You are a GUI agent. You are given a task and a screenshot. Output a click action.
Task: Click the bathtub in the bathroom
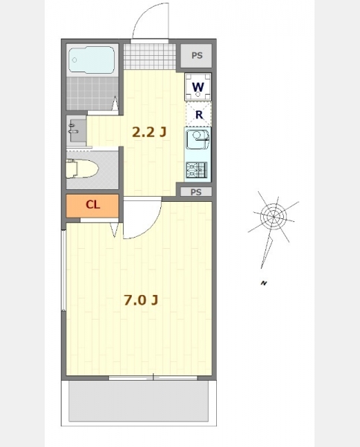click(92, 60)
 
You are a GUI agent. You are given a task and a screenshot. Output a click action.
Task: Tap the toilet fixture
click(82, 168)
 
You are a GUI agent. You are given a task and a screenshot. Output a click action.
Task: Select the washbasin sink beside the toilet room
click(78, 130)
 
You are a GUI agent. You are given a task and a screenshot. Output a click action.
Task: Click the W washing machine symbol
click(198, 86)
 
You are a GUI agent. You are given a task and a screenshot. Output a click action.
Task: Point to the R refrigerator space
click(198, 114)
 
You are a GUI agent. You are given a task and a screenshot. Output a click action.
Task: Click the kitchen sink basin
click(198, 139)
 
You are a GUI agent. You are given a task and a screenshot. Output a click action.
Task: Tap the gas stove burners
click(197, 170)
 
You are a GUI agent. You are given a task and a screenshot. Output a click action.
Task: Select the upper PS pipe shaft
click(197, 56)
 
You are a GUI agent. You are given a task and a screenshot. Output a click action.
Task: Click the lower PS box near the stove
click(196, 192)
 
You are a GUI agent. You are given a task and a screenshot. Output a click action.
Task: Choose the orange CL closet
click(92, 206)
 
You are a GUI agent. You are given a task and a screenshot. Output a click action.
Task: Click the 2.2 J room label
click(149, 132)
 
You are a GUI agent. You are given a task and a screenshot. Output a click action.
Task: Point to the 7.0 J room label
click(141, 300)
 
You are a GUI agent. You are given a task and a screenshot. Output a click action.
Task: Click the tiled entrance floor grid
click(150, 57)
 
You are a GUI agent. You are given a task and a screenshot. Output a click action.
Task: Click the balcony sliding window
click(153, 378)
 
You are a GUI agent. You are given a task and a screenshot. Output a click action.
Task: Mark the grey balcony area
click(139, 401)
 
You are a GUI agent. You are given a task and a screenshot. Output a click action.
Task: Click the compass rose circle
click(274, 217)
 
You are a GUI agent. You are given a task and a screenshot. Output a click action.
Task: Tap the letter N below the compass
click(264, 283)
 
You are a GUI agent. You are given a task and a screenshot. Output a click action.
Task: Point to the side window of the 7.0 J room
click(63, 270)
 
